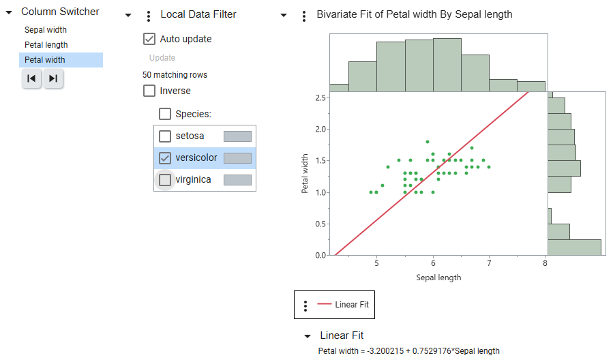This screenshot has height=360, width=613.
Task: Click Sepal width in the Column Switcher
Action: [45, 30]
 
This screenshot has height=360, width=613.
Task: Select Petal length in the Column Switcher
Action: [46, 45]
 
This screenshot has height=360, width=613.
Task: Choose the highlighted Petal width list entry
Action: [45, 60]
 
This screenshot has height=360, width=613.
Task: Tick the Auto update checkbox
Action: [149, 39]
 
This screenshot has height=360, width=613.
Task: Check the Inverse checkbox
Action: [149, 91]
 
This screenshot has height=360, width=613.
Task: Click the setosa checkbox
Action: [165, 136]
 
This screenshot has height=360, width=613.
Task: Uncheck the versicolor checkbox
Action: [165, 158]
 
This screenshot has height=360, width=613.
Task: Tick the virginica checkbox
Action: [165, 180]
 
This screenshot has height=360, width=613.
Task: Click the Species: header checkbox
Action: [165, 114]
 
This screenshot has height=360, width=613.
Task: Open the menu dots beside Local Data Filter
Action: [149, 16]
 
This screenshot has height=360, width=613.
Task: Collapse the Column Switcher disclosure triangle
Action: [9, 12]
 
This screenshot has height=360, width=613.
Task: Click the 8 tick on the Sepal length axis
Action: [545, 264]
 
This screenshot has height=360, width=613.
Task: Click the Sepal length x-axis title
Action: [438, 277]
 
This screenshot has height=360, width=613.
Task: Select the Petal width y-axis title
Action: [305, 173]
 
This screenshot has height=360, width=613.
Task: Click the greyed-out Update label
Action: [162, 58]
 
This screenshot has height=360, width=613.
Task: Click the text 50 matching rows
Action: [175, 75]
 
